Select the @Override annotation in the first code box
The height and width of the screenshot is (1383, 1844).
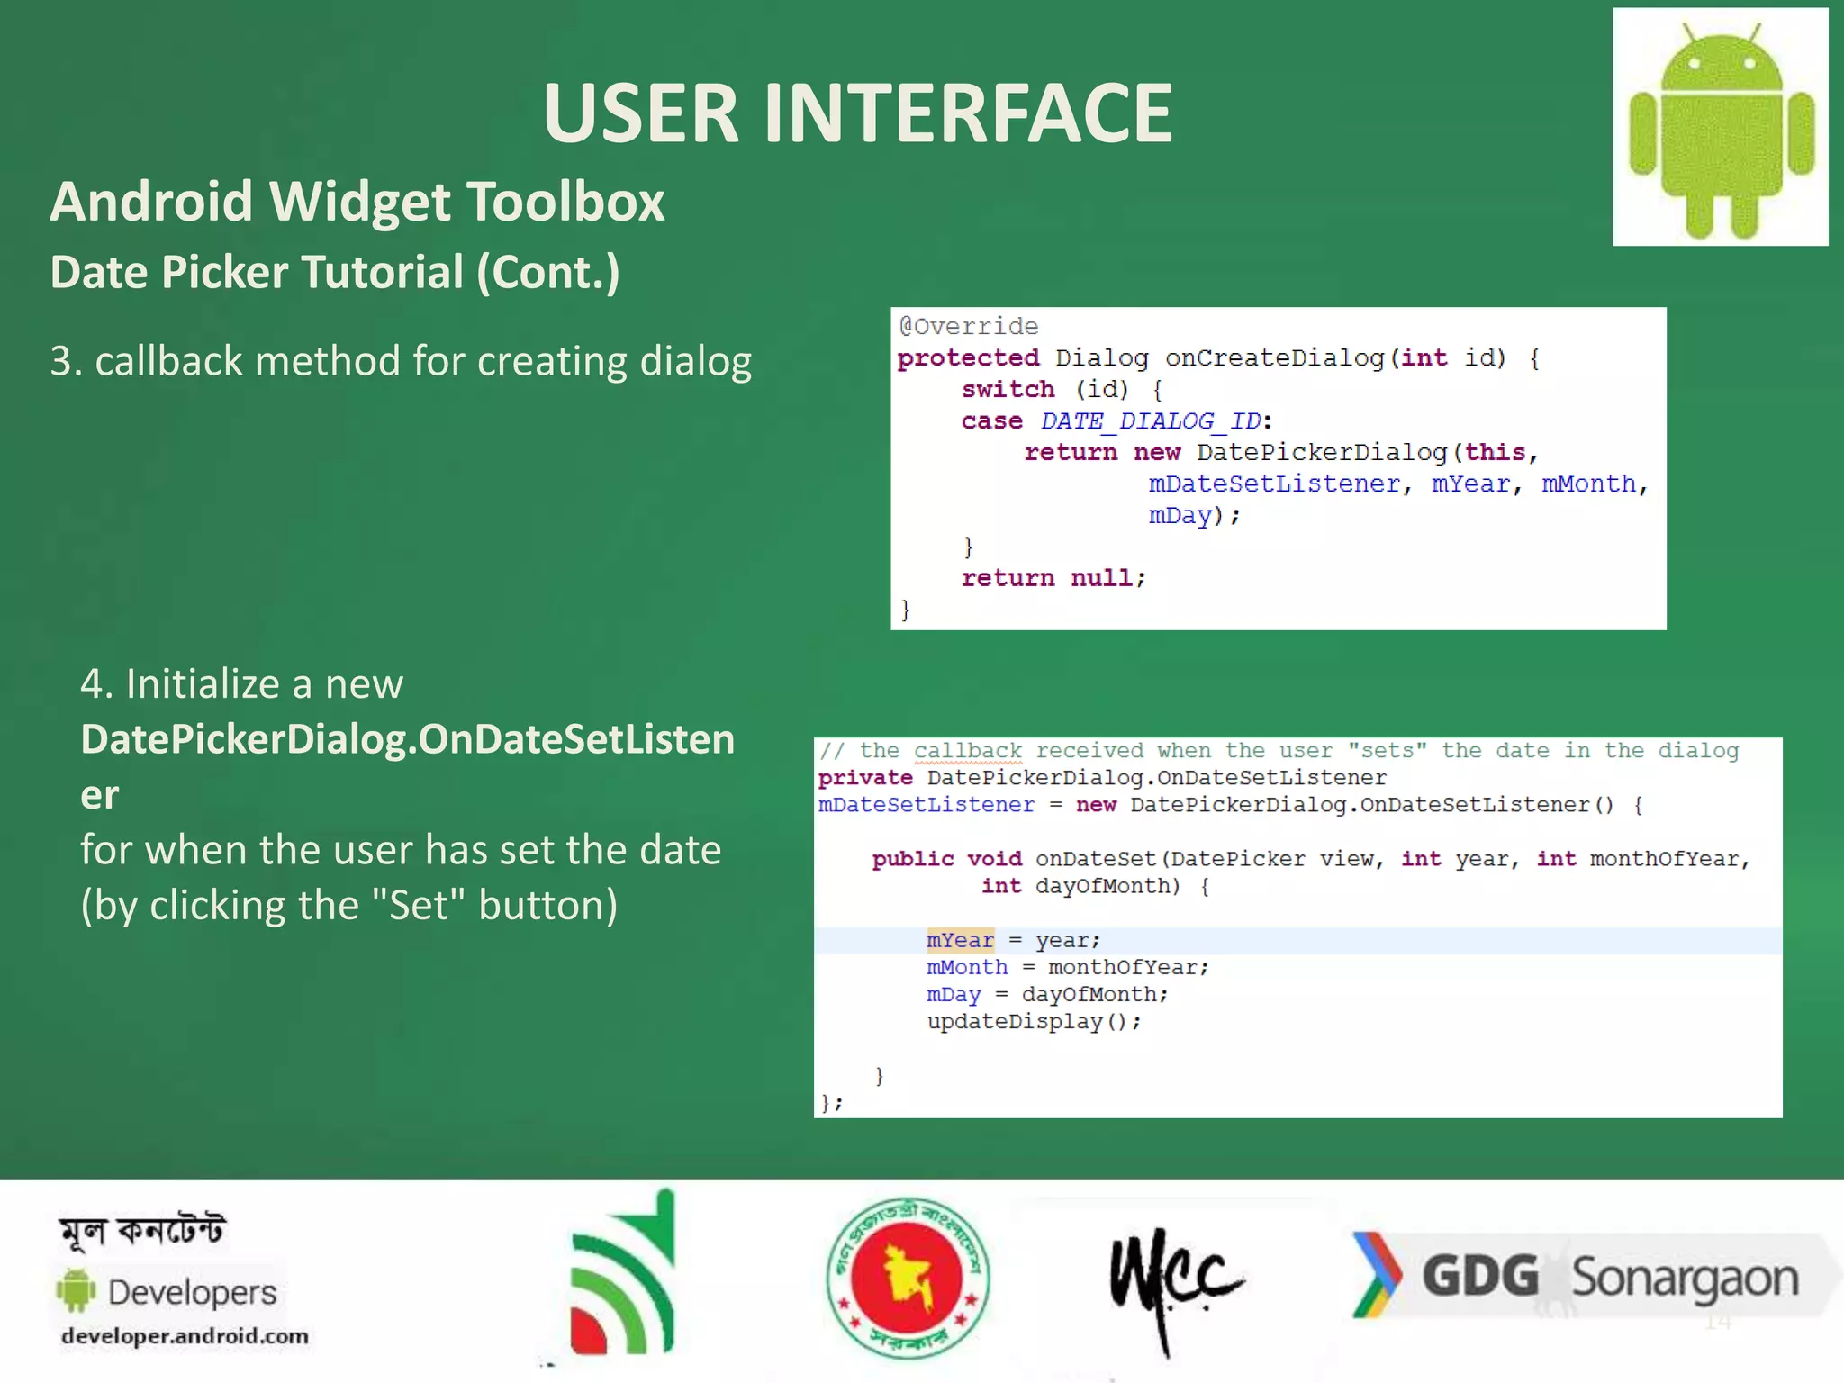click(969, 326)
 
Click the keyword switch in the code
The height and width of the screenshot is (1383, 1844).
click(1007, 390)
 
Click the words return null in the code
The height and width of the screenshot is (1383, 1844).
click(1052, 578)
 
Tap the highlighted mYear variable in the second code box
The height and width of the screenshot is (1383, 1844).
click(960, 940)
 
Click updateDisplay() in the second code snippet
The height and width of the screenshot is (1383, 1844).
click(1033, 1022)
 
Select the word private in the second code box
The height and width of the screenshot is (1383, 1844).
click(864, 778)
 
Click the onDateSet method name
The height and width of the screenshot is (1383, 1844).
click(1095, 859)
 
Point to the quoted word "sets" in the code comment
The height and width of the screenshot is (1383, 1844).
click(1387, 751)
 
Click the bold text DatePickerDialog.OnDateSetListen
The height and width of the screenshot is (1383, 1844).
click(407, 740)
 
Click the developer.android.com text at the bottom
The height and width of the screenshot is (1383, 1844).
click(185, 1336)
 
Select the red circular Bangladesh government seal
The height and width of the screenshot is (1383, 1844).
click(907, 1278)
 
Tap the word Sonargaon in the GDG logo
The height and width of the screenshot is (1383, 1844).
click(1685, 1279)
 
